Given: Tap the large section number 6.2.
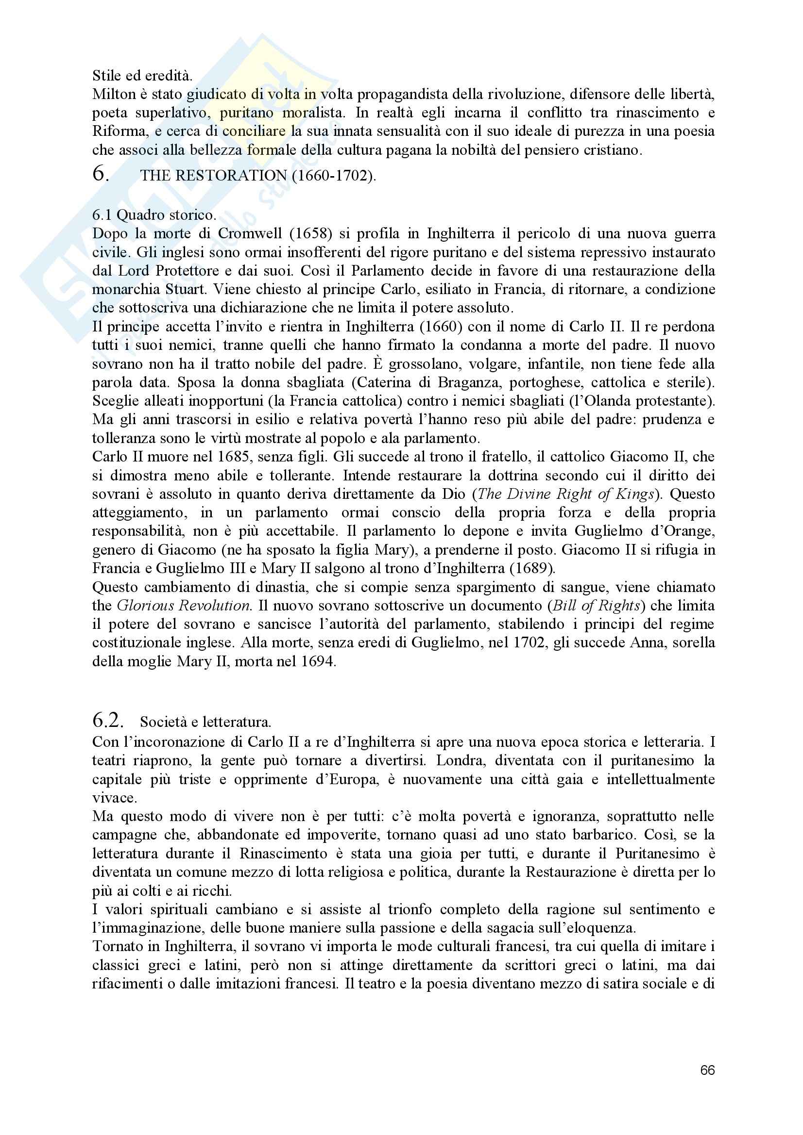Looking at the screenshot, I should (x=108, y=721).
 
